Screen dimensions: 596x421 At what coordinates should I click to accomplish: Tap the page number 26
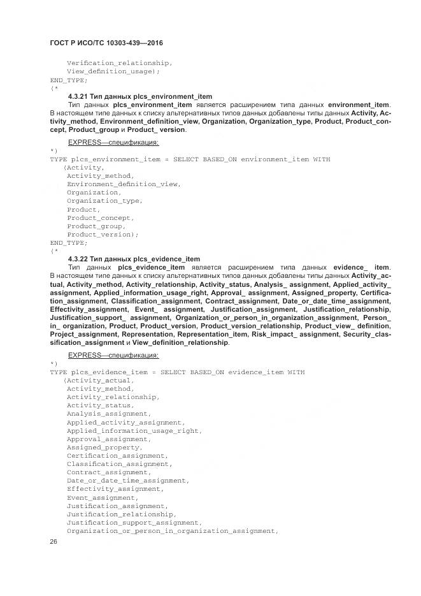54,541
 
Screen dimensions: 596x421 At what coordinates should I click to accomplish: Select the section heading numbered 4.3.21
139,96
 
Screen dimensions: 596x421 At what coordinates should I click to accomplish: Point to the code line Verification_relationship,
119,63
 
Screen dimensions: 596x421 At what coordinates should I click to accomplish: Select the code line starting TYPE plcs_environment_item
190,159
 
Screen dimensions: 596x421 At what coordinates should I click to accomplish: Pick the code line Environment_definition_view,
124,184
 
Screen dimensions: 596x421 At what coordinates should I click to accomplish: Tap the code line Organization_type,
104,201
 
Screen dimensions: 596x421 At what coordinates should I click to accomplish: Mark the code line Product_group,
96,226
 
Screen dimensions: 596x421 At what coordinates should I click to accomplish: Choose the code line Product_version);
103,235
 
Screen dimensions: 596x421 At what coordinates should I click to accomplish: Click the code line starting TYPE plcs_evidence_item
177,372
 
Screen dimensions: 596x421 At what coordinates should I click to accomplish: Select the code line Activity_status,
100,405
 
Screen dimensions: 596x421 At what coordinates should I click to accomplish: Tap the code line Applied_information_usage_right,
134,430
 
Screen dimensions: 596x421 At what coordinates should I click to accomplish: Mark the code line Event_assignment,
102,497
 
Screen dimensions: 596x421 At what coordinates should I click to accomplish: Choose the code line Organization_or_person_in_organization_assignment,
173,530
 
